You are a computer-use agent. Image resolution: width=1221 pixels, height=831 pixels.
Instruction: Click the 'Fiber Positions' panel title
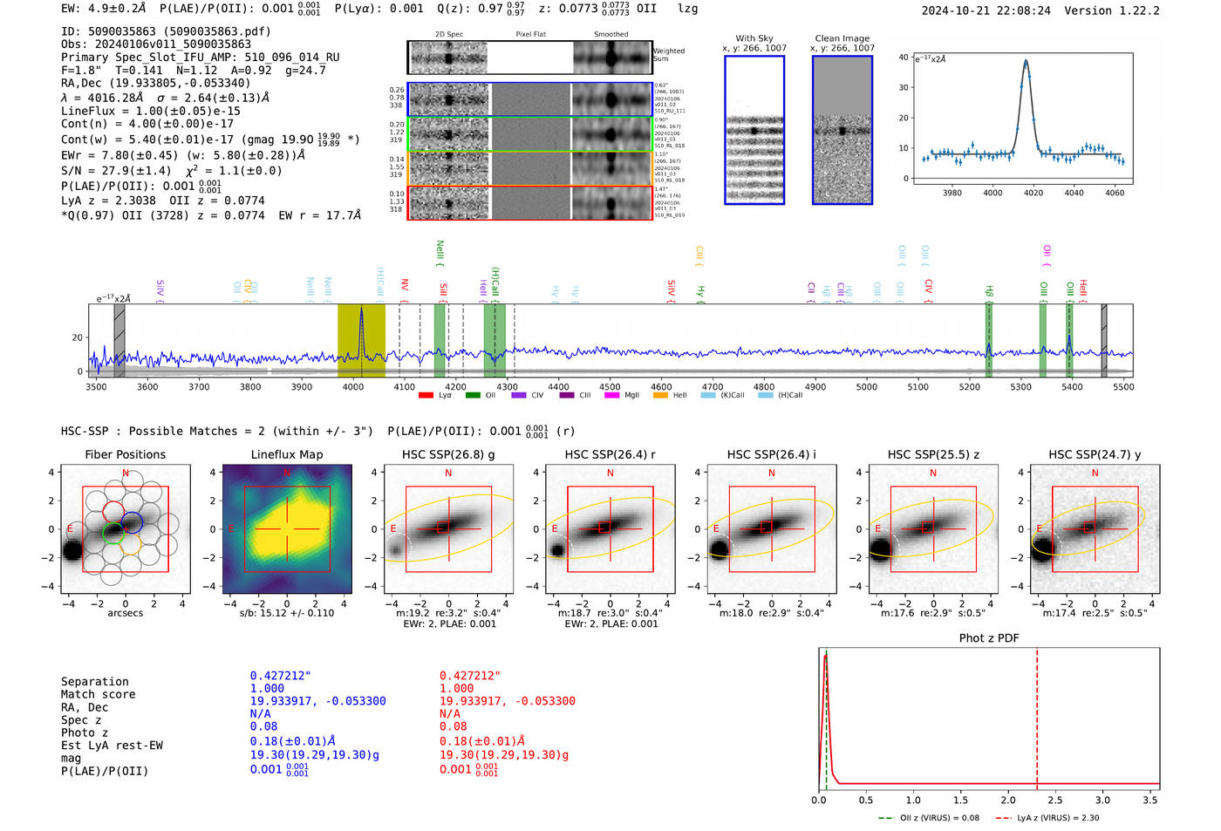pyautogui.click(x=125, y=454)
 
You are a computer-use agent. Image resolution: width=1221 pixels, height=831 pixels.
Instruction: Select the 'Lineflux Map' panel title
pyautogui.click(x=286, y=454)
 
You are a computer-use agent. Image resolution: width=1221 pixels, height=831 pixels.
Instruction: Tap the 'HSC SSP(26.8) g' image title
pyautogui.click(x=447, y=454)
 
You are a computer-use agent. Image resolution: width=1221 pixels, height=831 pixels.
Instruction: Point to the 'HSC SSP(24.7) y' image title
pyautogui.click(x=1094, y=454)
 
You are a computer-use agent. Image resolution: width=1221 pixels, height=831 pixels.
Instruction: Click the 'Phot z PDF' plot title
pyautogui.click(x=989, y=638)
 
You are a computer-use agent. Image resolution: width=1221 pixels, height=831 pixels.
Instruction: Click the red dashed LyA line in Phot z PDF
pyautogui.click(x=1037, y=715)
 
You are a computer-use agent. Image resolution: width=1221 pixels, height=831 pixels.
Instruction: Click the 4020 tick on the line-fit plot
pyautogui.click(x=1033, y=193)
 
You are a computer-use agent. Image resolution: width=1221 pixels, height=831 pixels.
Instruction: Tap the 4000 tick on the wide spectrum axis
pyautogui.click(x=353, y=387)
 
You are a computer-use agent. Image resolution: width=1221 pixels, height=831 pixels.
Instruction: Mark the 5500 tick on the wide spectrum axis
pyautogui.click(x=1123, y=387)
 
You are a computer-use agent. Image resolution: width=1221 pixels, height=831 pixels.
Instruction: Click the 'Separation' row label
pyautogui.click(x=94, y=682)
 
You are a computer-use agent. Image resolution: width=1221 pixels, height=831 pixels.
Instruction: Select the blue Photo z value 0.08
pyautogui.click(x=263, y=726)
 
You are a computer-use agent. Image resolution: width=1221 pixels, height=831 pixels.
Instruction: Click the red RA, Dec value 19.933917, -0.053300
pyautogui.click(x=507, y=701)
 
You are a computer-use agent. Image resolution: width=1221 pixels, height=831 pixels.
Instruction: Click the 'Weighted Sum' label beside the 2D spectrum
pyautogui.click(x=669, y=55)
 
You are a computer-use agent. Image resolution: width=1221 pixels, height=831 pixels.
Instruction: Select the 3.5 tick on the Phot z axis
pyautogui.click(x=1150, y=800)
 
